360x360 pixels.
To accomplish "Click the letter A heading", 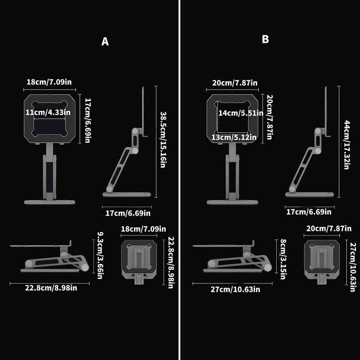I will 105,41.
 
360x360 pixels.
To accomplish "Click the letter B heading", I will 265,39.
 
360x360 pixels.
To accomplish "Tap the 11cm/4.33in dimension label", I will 48,113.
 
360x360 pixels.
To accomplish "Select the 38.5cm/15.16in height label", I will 162,140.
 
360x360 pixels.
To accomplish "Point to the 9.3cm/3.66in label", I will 100,255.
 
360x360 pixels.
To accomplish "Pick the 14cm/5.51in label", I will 240,113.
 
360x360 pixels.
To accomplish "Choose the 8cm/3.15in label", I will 283,259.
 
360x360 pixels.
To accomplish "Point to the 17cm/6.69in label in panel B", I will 309,212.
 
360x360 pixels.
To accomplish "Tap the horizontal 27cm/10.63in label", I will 235,290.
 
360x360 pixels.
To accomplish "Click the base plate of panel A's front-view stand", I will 50,202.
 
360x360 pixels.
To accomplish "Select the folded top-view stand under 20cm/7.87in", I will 322,259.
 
